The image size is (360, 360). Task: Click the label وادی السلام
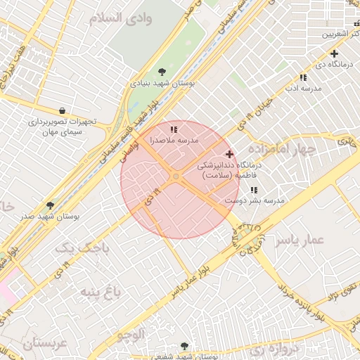point(127,18)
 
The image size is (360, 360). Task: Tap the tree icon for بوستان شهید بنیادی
point(163,71)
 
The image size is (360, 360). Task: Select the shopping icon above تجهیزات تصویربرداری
point(63,110)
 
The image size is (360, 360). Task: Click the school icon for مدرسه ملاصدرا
point(174,129)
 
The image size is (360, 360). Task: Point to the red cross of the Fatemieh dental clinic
point(229,153)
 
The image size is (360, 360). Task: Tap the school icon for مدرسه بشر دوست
point(253,190)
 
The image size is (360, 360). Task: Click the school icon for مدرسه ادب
point(303,77)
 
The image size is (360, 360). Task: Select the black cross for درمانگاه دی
point(334,54)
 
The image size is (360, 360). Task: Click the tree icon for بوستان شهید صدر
point(51,205)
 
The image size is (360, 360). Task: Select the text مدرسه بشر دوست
point(255,201)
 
